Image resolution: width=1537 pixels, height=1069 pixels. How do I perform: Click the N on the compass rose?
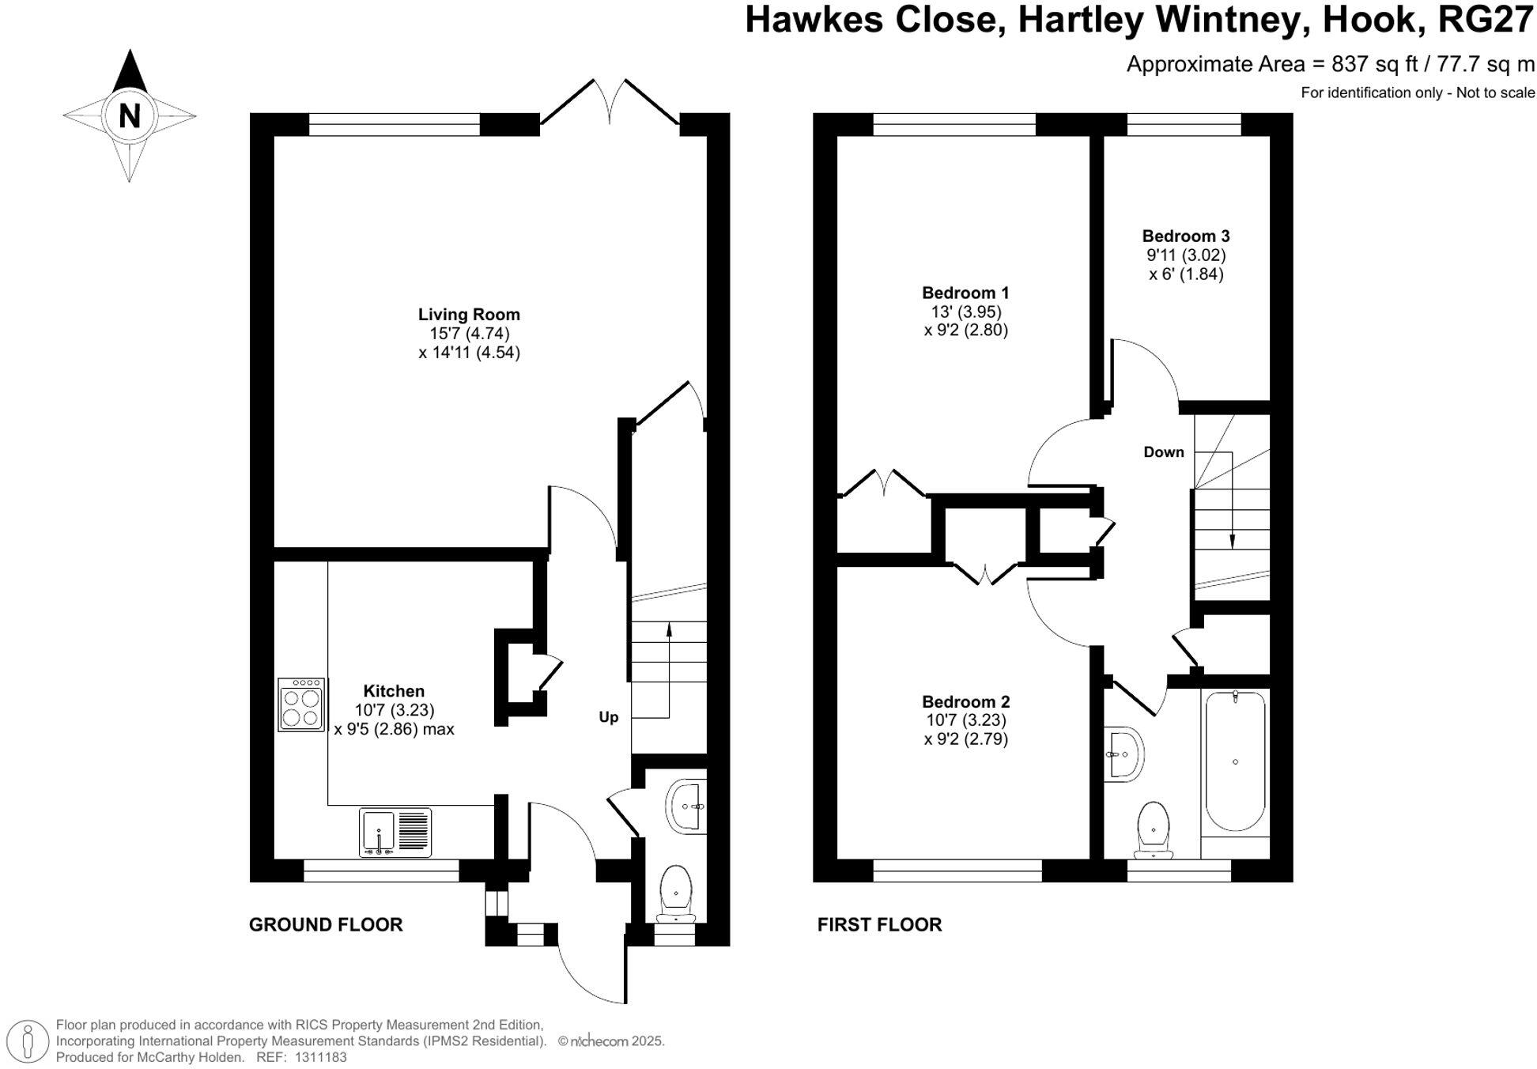(129, 116)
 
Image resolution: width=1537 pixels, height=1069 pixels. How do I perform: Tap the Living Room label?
(469, 315)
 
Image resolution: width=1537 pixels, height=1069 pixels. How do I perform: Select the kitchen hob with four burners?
(301, 704)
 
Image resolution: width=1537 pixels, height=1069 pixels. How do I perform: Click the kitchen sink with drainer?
(395, 832)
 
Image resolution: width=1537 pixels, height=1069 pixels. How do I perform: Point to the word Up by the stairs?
(608, 717)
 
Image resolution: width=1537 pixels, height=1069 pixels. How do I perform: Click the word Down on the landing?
(1164, 452)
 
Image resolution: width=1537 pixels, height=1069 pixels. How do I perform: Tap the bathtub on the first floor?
(1235, 762)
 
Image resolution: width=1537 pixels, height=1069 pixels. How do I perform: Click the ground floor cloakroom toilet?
(676, 894)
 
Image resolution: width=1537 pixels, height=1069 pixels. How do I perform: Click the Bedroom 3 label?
(1185, 236)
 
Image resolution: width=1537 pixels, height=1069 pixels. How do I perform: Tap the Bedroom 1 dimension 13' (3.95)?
(965, 312)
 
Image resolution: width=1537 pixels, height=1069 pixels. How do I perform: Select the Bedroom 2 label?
(965, 701)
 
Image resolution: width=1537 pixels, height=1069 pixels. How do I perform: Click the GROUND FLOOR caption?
(326, 924)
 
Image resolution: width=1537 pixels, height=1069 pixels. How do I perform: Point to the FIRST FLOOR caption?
(879, 924)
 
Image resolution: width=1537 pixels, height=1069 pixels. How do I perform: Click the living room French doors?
(610, 107)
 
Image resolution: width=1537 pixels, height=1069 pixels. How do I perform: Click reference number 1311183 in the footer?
(320, 1057)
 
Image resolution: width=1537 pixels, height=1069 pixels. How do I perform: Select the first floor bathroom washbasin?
(1123, 754)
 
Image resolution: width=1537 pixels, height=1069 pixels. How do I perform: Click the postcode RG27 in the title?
(1485, 20)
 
